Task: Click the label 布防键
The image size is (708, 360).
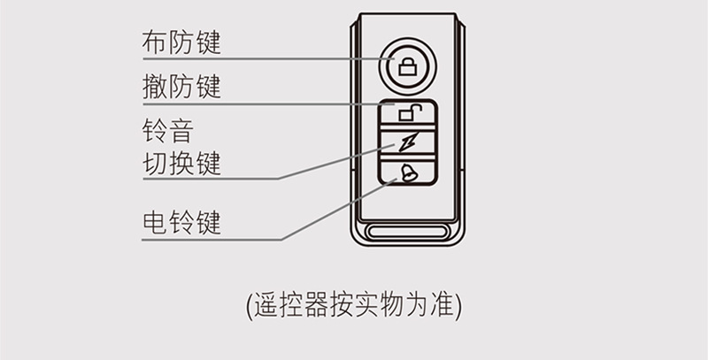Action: [x=181, y=42]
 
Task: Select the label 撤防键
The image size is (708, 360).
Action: [x=181, y=88]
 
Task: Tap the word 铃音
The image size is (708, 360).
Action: [x=167, y=132]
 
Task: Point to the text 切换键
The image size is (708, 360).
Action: [x=181, y=164]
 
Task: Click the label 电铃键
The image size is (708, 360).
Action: [x=181, y=222]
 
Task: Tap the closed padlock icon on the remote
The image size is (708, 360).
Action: [x=407, y=65]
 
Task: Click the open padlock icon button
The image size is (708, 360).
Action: [x=409, y=112]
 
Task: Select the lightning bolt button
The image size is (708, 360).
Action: [x=408, y=142]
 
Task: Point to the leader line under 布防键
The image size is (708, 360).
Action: [x=265, y=58]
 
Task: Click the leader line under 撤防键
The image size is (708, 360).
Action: [x=265, y=104]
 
